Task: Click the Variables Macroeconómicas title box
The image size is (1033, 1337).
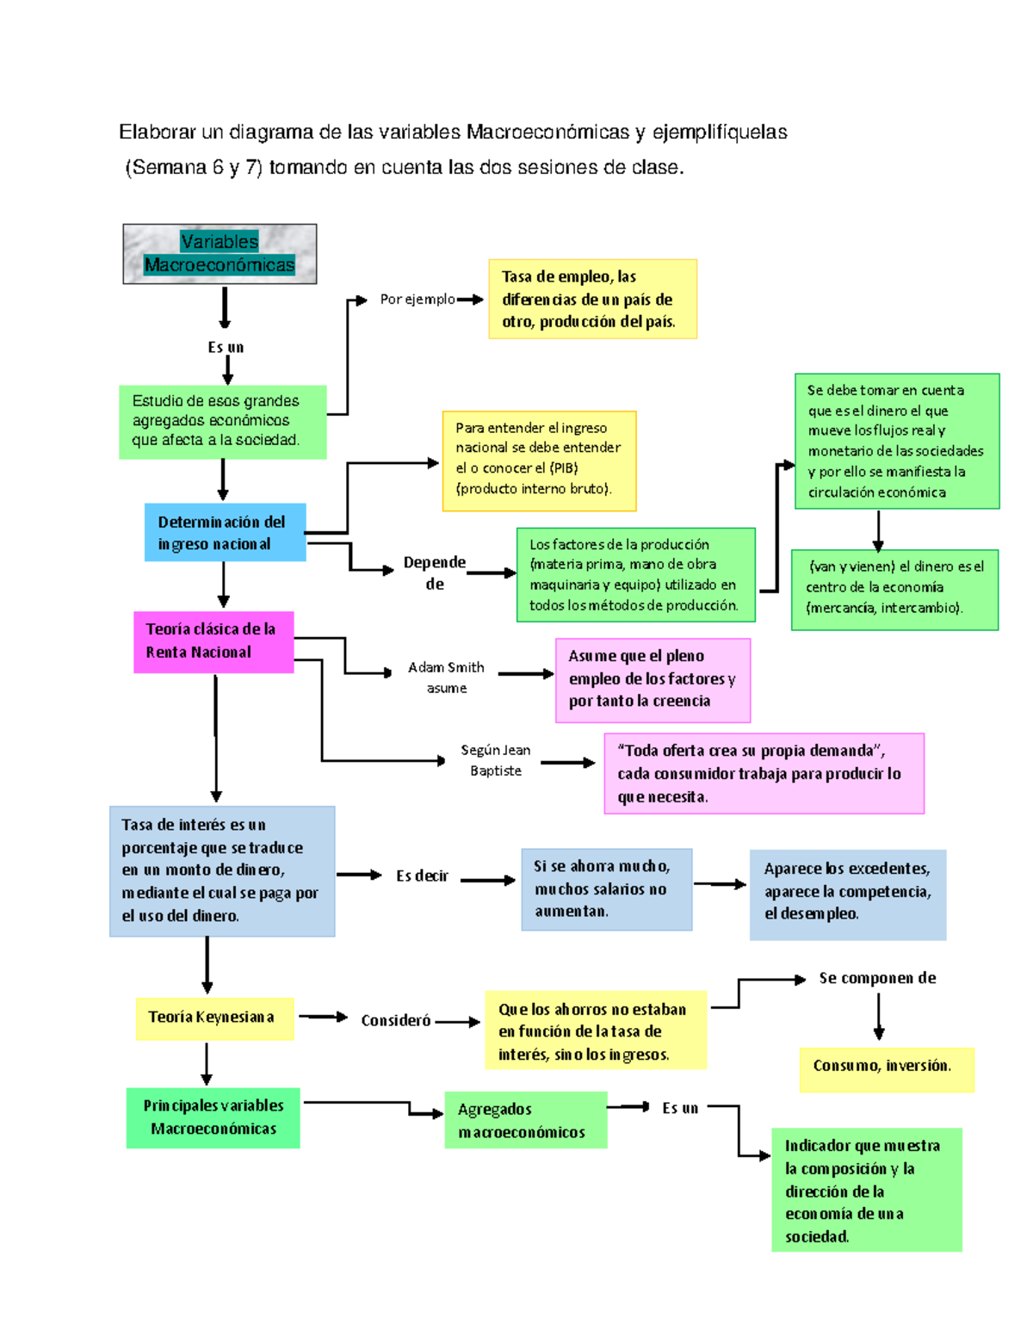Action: [x=220, y=254]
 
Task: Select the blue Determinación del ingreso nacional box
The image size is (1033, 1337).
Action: [x=225, y=532]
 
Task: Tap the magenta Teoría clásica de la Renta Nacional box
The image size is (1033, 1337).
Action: [x=213, y=641]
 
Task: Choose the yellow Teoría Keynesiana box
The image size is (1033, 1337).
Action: [x=214, y=1018]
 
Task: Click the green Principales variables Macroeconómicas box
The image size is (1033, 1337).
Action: [x=213, y=1117]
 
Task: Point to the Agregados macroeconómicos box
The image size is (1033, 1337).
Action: [x=525, y=1120]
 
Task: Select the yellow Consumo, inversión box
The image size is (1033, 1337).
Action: [x=886, y=1068]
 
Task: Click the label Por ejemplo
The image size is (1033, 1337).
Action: [x=418, y=300]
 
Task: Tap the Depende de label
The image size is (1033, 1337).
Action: [x=435, y=573]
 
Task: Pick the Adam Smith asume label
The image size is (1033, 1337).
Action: [x=446, y=677]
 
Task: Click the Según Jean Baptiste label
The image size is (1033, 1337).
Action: [x=495, y=760]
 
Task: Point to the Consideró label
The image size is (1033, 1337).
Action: [x=396, y=1020]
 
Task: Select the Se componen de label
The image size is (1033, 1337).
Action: [x=877, y=978]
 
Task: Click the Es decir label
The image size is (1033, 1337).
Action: [x=422, y=876]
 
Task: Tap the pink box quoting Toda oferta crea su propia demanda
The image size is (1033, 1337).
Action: [x=764, y=773]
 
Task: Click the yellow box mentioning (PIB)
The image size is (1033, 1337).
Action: [x=539, y=461]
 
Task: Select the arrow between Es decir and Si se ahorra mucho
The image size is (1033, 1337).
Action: [x=487, y=880]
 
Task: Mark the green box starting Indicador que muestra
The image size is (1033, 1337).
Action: [x=865, y=1190]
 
